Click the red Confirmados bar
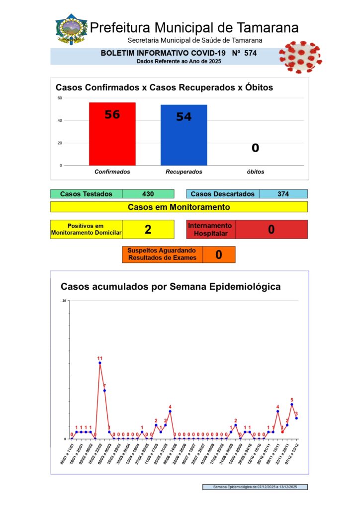point(112,134)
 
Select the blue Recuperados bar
point(183,135)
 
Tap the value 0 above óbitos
point(255,148)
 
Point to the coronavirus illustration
point(299,56)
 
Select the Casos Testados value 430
point(148,194)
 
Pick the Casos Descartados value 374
point(283,194)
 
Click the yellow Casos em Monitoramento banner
point(179,207)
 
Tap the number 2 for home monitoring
point(148,229)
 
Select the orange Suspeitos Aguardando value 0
point(219,254)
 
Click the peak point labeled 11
point(100,363)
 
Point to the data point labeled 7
point(104,390)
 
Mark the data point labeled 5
point(292,404)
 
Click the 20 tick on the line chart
point(64,300)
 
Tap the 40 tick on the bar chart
point(60,120)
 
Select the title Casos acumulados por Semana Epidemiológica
point(170,287)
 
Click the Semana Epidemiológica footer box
point(255,487)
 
